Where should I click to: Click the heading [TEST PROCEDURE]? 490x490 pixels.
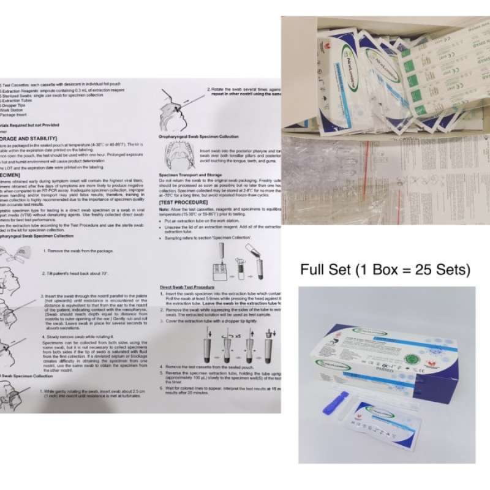click(x=180, y=201)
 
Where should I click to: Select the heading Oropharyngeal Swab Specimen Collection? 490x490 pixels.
click(x=198, y=137)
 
